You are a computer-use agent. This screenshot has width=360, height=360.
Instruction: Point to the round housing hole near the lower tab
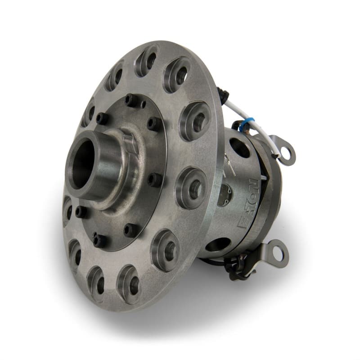tap(220, 245)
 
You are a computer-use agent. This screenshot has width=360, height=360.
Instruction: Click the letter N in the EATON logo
tap(253, 184)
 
